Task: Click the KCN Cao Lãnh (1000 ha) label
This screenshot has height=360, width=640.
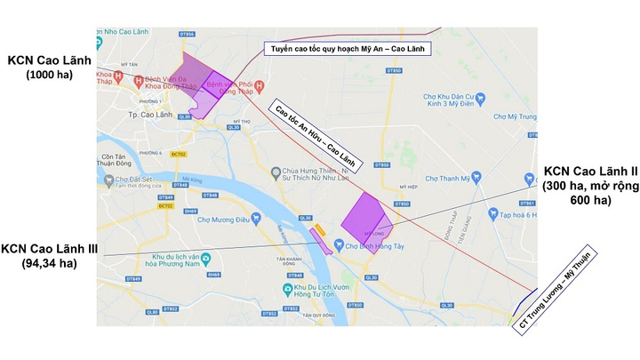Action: click(51, 68)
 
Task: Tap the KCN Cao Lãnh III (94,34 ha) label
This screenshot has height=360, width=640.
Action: click(52, 255)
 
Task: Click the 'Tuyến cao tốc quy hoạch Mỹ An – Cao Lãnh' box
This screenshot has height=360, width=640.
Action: click(346, 50)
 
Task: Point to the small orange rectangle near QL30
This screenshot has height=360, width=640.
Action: click(321, 229)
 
